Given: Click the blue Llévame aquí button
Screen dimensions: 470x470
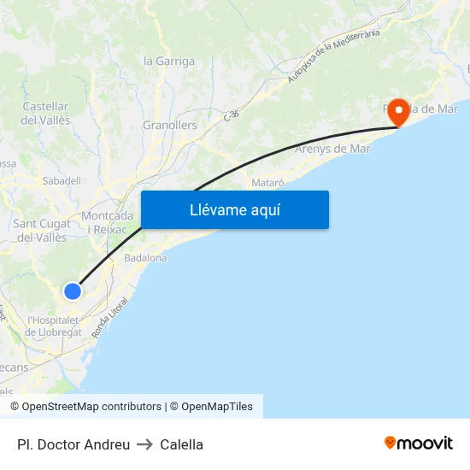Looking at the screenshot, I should coord(235,209).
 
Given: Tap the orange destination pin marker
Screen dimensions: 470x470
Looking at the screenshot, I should coord(397,109).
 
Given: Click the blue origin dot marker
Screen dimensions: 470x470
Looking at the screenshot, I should coord(73,291).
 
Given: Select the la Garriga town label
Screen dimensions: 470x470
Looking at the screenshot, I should coord(169,62).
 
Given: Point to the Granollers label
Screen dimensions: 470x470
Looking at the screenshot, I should coord(169,126).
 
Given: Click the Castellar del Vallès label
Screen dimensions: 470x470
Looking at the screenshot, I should coord(44,113).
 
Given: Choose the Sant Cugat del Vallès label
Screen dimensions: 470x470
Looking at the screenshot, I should coord(42,231).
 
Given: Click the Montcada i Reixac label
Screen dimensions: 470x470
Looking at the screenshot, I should coord(107,223).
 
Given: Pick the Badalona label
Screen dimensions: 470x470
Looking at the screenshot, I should coord(145,257).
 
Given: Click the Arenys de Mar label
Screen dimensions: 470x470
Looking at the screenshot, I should coord(332,149).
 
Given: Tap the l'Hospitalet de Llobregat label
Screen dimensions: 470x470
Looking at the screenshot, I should coord(53,326).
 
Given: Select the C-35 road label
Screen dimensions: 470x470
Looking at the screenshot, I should coord(231,115).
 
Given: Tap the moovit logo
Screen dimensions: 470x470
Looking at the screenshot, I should coord(418,443).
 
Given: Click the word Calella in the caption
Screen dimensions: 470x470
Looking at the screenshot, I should coord(181,444).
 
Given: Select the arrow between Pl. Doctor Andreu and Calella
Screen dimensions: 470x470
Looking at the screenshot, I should coord(145,444).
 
